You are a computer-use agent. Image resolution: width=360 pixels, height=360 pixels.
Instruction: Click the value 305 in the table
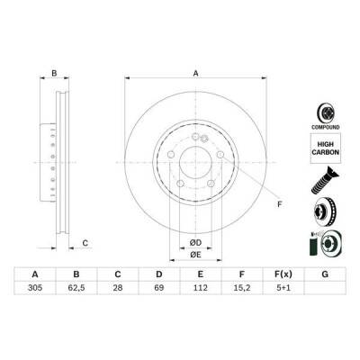coord(35,288)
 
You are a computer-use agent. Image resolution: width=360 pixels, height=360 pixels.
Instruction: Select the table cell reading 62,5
coord(76,288)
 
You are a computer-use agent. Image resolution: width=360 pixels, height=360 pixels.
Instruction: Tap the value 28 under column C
coord(118,288)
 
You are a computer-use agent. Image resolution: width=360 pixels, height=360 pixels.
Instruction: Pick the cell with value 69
coord(159,288)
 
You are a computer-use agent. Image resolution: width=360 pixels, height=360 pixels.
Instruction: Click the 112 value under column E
coord(201,288)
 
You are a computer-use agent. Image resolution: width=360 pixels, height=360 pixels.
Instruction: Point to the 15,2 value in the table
coord(242,288)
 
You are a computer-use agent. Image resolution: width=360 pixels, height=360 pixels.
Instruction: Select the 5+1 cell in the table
coord(283,288)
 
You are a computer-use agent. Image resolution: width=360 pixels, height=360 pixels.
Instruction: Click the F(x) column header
coord(283,274)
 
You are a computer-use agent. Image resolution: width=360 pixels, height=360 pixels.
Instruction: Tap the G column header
coord(325,274)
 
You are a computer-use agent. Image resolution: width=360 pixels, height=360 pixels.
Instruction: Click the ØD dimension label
coord(195,243)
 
